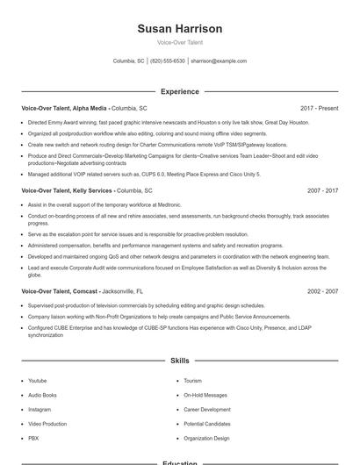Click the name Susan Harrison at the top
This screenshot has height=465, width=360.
pyautogui.click(x=180, y=29)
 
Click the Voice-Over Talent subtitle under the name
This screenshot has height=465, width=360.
pyautogui.click(x=180, y=42)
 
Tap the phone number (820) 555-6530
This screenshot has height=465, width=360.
pyautogui.click(x=167, y=61)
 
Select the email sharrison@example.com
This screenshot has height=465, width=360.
pyautogui.click(x=219, y=61)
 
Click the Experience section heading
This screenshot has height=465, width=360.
pyautogui.click(x=180, y=91)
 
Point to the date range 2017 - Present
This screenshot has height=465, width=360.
pyautogui.click(x=319, y=108)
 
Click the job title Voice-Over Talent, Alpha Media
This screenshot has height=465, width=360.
pyautogui.click(x=66, y=108)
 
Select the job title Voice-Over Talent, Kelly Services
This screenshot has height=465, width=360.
pyautogui.click(x=68, y=190)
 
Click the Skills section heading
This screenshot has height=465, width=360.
pyautogui.click(x=180, y=361)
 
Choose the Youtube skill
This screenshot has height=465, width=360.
pyautogui.click(x=37, y=381)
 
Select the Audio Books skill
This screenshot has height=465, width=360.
pyautogui.click(x=41, y=395)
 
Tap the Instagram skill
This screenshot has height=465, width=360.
pyautogui.click(x=40, y=409)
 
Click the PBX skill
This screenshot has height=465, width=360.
pyautogui.click(x=33, y=438)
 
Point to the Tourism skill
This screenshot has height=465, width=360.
pyautogui.click(x=193, y=381)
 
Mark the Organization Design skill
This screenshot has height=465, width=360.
pyautogui.click(x=206, y=438)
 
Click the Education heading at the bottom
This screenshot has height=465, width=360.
pyautogui.click(x=180, y=461)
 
